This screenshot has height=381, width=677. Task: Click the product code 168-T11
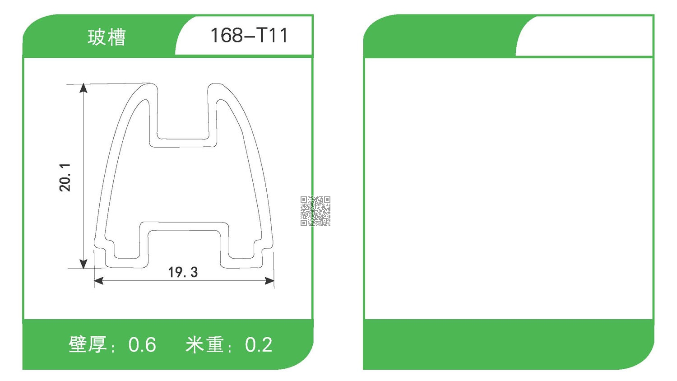[249, 35]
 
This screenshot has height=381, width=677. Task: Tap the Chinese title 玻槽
[107, 37]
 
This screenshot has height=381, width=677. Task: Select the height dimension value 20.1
[65, 177]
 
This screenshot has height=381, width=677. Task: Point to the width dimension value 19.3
[183, 272]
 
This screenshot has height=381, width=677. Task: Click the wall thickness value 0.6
[142, 345]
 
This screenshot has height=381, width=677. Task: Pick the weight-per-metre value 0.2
[259, 345]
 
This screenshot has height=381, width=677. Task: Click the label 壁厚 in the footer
[88, 344]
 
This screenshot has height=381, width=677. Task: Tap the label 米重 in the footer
[204, 344]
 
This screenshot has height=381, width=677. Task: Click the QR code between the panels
[315, 211]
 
